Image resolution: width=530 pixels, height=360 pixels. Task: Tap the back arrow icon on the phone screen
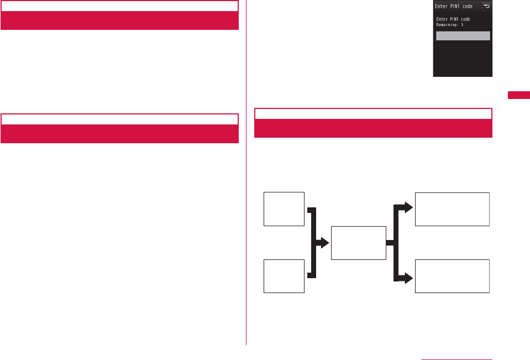(x=486, y=7)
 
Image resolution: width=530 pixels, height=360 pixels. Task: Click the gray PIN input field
(x=463, y=36)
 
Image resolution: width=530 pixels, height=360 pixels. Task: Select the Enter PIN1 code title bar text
(x=454, y=7)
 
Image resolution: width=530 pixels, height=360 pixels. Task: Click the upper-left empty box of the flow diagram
(x=284, y=209)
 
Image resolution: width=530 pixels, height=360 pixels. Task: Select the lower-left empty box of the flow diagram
(x=284, y=276)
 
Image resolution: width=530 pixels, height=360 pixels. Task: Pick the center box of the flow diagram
(x=358, y=243)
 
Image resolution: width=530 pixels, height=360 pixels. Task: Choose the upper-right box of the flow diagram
(x=452, y=209)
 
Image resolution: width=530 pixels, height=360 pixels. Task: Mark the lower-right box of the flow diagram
(x=452, y=276)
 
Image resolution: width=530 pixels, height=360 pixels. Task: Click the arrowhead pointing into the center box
(x=325, y=243)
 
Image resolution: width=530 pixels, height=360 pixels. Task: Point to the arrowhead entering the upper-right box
(x=408, y=208)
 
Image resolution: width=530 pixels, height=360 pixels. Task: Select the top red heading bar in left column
(x=119, y=20)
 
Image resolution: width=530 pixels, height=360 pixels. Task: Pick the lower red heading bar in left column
(x=119, y=134)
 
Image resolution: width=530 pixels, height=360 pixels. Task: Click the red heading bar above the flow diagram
(x=373, y=128)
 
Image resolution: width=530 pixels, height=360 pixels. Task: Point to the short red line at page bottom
(x=456, y=359)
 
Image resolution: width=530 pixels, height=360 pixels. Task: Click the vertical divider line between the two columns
(x=246, y=221)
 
